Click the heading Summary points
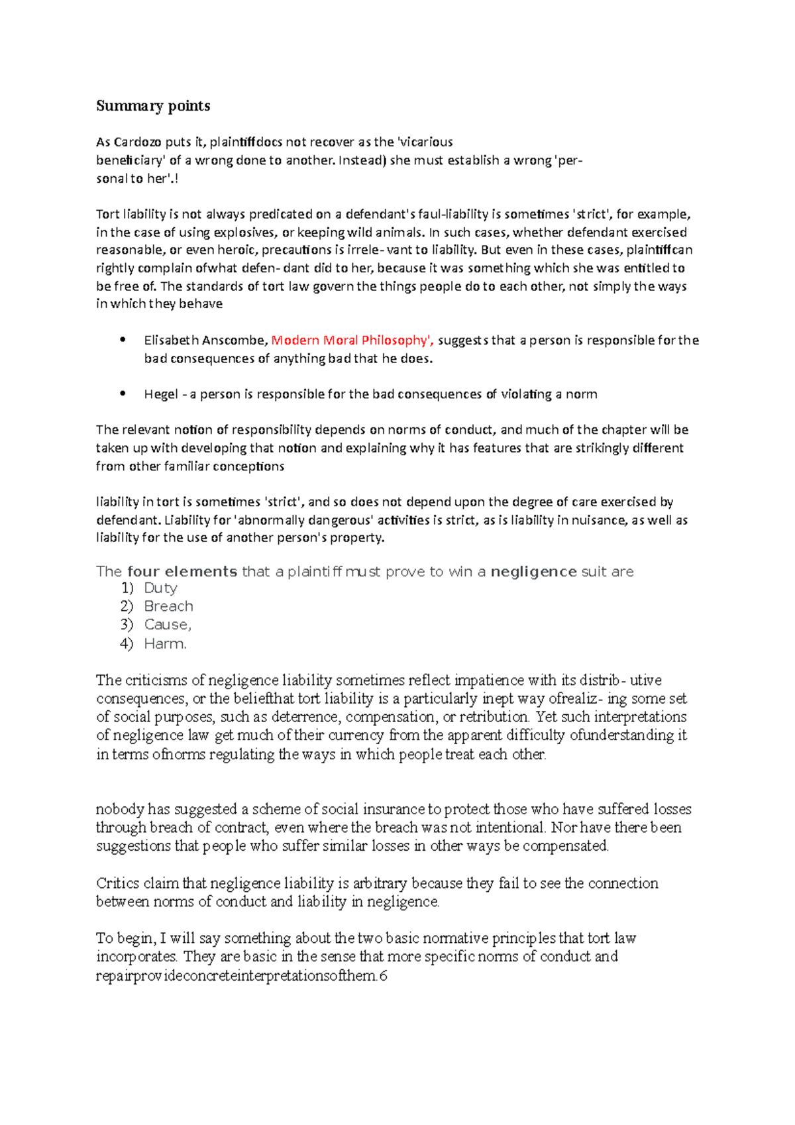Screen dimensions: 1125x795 click(153, 106)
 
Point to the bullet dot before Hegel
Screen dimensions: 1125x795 click(123, 394)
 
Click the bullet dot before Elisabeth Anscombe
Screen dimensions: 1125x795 click(123, 340)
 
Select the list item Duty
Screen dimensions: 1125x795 click(160, 588)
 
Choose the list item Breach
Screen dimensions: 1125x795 click(168, 606)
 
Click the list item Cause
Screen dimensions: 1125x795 click(168, 625)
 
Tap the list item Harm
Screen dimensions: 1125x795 click(165, 643)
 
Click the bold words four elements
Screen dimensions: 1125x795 click(182, 572)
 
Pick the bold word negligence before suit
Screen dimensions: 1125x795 click(533, 572)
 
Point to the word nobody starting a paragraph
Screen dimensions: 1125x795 click(119, 810)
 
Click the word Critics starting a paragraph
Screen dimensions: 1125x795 click(118, 884)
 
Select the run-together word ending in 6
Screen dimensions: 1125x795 click(242, 976)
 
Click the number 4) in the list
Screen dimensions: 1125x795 click(127, 643)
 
